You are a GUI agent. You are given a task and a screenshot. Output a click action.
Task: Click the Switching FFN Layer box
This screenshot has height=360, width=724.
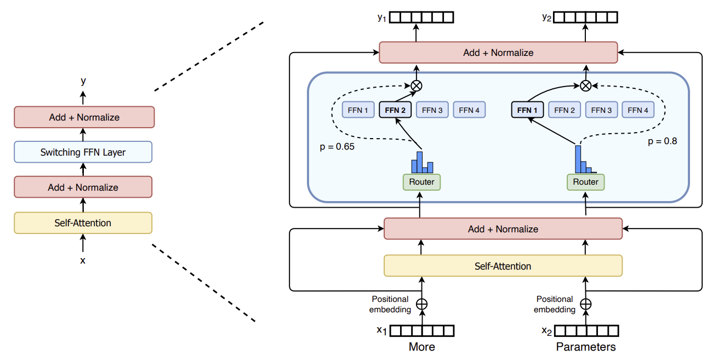[83, 152]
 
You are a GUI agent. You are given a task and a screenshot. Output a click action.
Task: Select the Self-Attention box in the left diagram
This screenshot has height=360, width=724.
[83, 223]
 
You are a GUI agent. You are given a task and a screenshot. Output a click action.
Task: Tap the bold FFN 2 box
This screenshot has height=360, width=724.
[395, 110]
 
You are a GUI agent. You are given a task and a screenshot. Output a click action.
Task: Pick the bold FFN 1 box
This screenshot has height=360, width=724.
[527, 110]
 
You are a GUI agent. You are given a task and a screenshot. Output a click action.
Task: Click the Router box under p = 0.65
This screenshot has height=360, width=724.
[421, 182]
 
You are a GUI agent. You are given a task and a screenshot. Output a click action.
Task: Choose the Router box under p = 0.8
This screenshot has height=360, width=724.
[586, 182]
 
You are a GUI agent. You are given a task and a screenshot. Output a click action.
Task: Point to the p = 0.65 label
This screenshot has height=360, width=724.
[337, 147]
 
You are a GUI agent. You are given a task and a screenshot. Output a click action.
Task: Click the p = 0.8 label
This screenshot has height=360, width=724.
[662, 141]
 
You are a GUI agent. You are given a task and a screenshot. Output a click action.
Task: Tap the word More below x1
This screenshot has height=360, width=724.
[421, 347]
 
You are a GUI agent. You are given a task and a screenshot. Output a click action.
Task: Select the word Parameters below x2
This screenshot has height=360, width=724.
[586, 347]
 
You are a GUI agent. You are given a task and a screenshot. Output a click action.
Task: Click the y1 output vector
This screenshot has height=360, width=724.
[421, 18]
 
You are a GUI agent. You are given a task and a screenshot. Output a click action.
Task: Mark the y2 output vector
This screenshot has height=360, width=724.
[586, 18]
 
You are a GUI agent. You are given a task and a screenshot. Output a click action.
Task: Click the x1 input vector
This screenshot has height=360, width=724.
[421, 330]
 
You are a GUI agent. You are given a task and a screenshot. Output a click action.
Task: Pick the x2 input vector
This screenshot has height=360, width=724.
[586, 330]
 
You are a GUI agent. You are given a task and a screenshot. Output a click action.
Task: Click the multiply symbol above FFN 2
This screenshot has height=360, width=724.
[417, 85]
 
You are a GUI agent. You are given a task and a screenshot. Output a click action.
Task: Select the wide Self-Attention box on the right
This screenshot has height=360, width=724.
[503, 266]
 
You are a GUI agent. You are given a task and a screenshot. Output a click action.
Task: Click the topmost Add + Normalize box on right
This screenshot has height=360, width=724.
[498, 53]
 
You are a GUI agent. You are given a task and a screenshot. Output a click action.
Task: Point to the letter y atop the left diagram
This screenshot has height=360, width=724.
[83, 81]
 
